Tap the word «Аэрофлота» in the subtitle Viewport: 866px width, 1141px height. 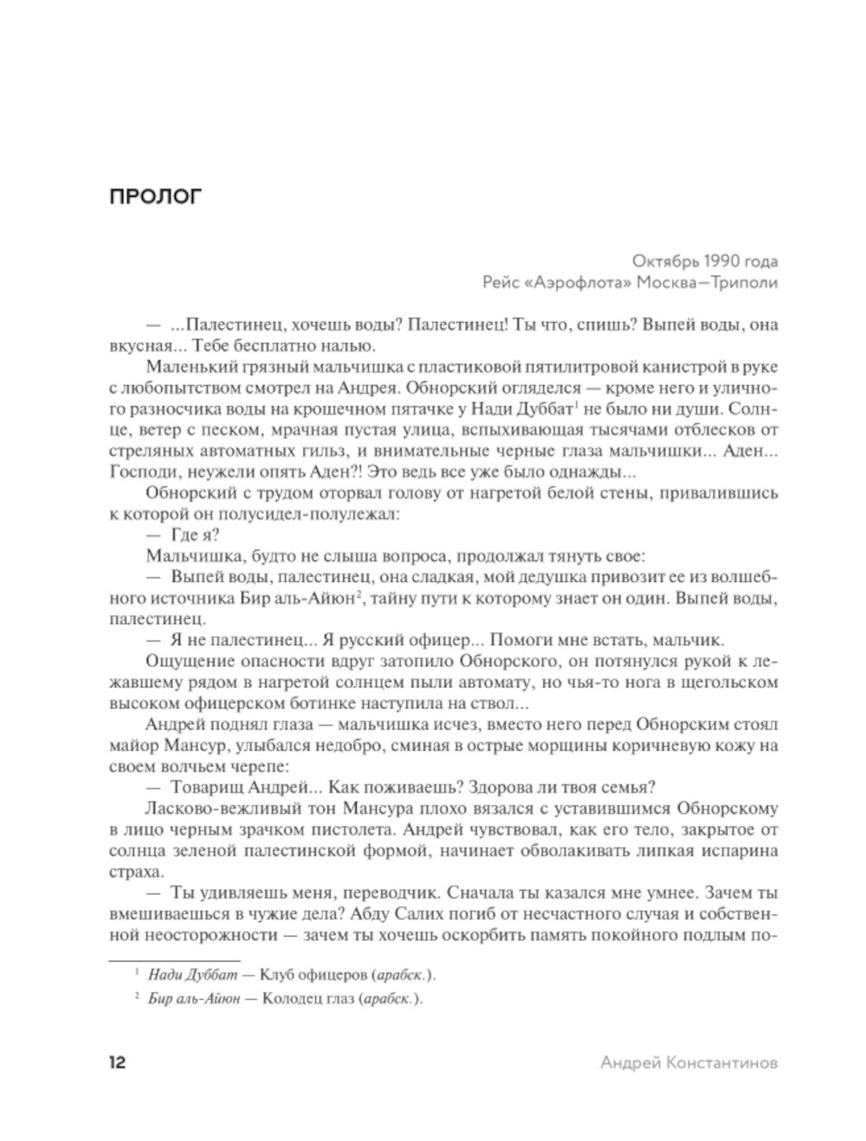(566, 283)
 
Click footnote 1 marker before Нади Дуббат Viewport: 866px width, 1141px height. (137, 974)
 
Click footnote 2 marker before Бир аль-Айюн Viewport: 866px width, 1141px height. (137, 997)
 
